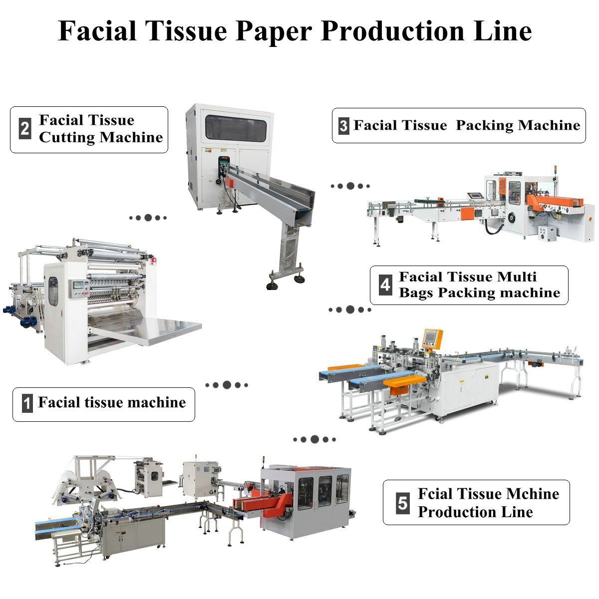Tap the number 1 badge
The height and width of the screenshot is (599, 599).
click(x=28, y=403)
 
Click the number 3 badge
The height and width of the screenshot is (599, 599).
click(x=343, y=125)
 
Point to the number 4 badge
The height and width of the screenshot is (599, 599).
click(x=385, y=285)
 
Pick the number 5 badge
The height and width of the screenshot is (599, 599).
click(x=402, y=502)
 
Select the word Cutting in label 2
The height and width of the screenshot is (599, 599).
click(x=66, y=137)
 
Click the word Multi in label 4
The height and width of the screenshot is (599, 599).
click(x=517, y=277)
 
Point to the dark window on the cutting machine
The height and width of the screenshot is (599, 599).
click(x=236, y=128)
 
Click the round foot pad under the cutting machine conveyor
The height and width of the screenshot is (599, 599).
click(x=272, y=285)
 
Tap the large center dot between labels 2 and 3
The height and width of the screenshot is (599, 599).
click(x=350, y=186)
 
